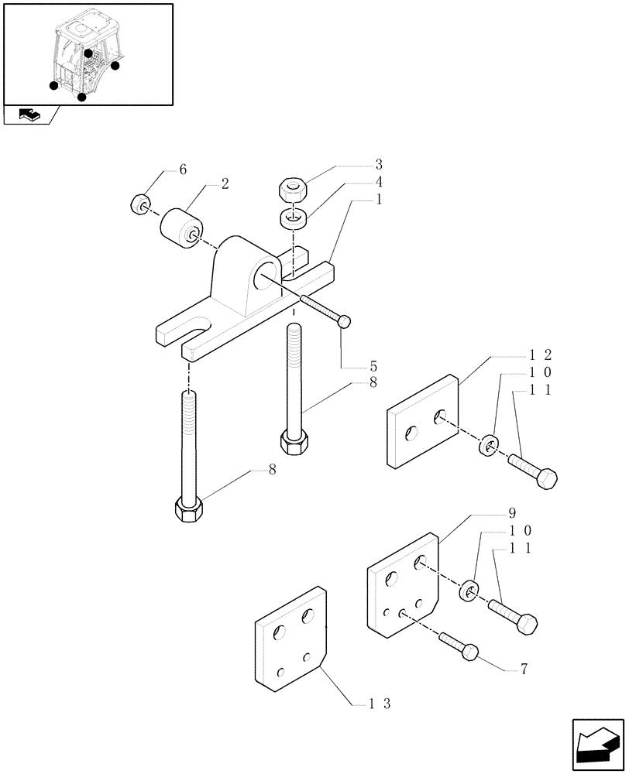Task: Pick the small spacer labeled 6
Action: [x=140, y=205]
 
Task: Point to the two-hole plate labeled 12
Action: [x=422, y=422]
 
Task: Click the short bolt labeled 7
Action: [x=459, y=646]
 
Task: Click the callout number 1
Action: [x=379, y=200]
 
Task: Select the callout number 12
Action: [x=540, y=355]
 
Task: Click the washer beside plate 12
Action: [x=489, y=447]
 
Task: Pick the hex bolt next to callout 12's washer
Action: [x=533, y=471]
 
